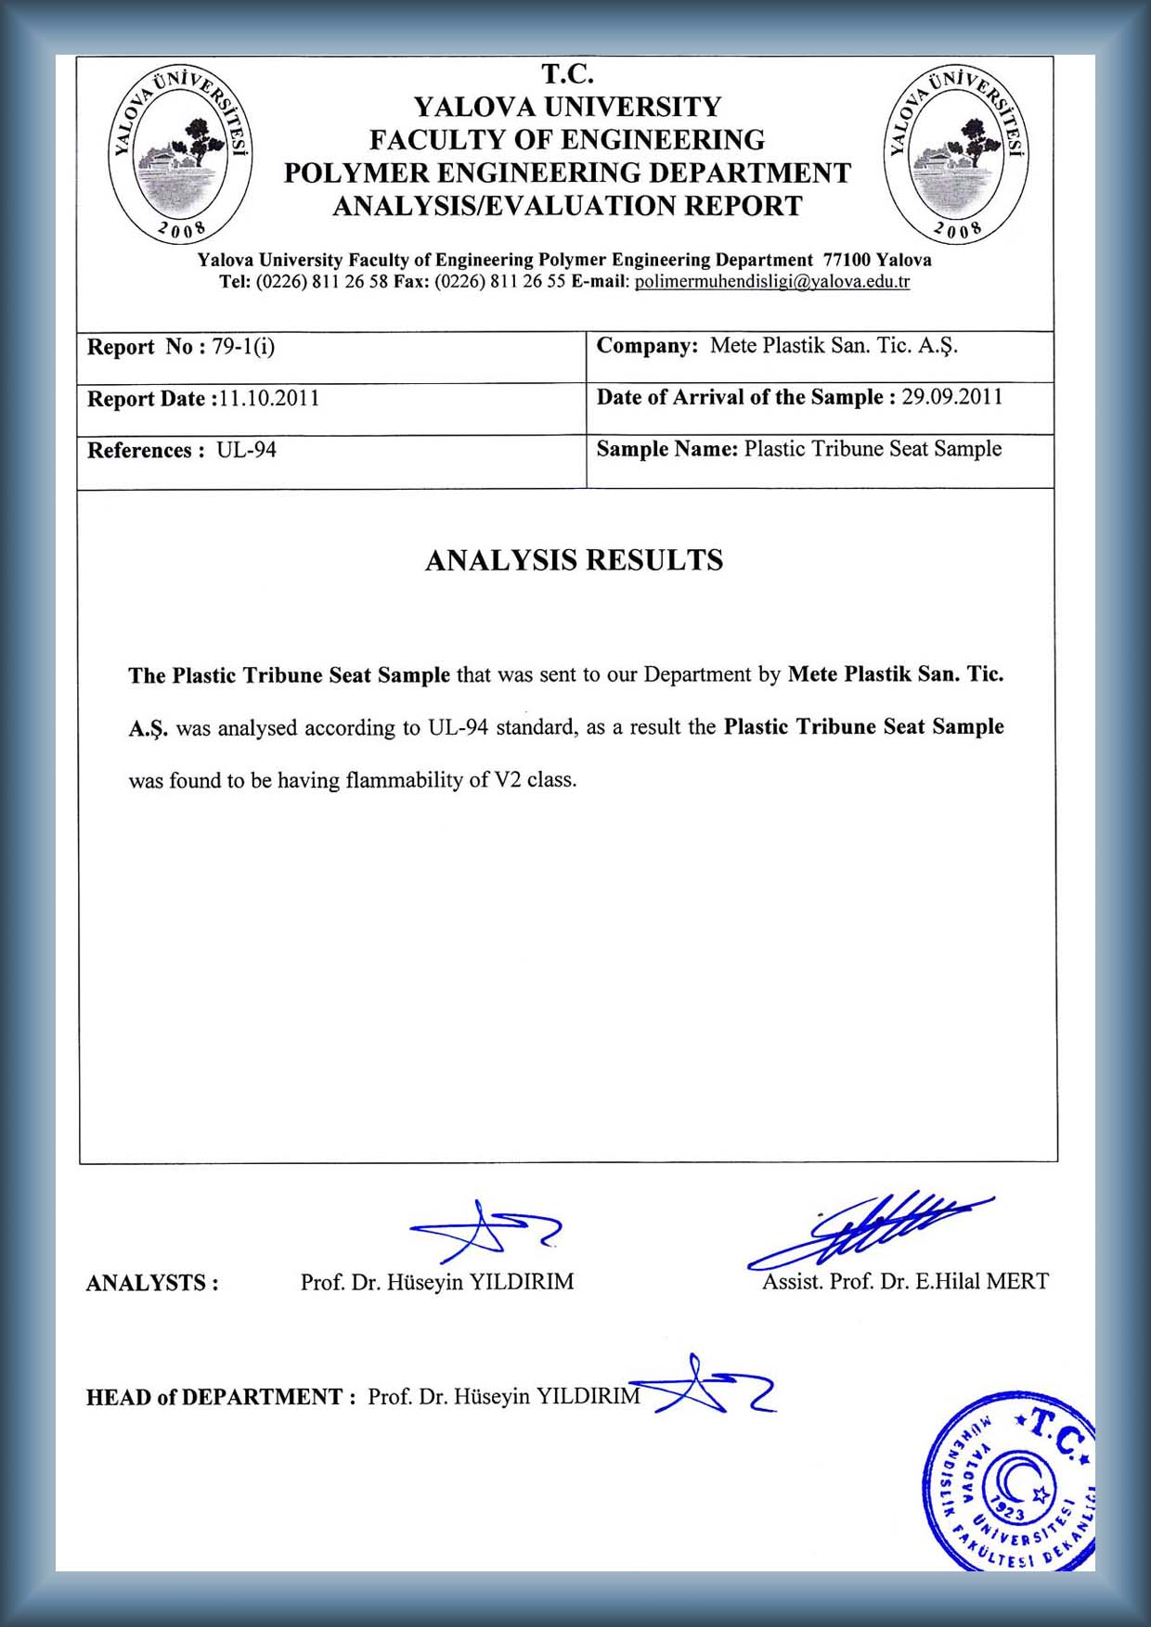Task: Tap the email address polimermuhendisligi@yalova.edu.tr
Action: (772, 282)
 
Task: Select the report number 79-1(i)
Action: (243, 347)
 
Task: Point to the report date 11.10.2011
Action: (269, 399)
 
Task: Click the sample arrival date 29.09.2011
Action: (952, 397)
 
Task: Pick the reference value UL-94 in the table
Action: (246, 451)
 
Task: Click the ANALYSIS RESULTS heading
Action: (574, 560)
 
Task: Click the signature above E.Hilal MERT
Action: (873, 1229)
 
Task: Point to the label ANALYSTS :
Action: (152, 1283)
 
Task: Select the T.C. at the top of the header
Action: (567, 74)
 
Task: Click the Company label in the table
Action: (647, 346)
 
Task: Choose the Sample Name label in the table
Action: (666, 449)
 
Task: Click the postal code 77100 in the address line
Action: (847, 261)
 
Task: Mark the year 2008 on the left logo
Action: (182, 229)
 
